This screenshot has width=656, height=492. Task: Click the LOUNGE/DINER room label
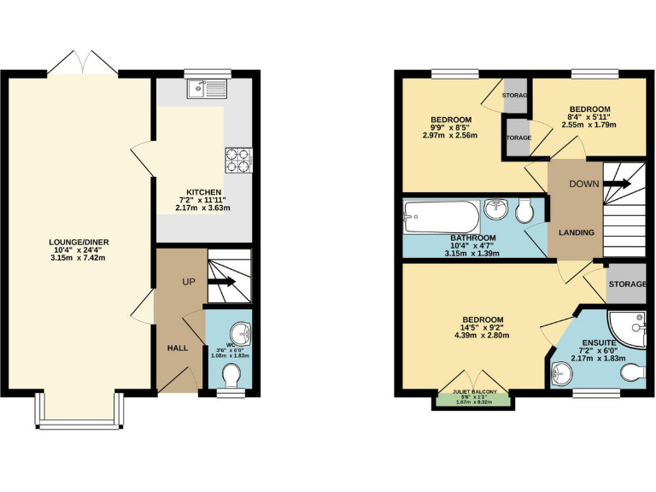pyautogui.click(x=79, y=242)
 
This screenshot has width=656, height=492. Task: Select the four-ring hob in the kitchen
pyautogui.click(x=237, y=159)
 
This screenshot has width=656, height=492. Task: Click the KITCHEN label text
pyautogui.click(x=204, y=192)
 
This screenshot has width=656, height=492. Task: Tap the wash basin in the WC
pyautogui.click(x=241, y=332)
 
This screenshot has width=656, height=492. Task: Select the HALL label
pyautogui.click(x=177, y=348)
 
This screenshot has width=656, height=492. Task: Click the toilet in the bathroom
pyautogui.click(x=526, y=210)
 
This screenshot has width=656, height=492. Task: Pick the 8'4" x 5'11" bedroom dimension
pyautogui.click(x=589, y=117)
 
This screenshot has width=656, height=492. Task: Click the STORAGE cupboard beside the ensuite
pyautogui.click(x=625, y=284)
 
